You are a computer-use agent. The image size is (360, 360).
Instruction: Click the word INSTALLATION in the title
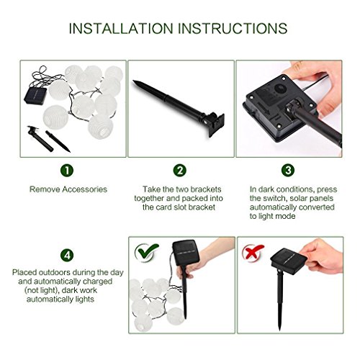[121, 29]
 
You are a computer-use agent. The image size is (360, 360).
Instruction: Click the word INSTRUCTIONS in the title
[233, 29]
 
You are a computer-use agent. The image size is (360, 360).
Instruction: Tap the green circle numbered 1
[67, 171]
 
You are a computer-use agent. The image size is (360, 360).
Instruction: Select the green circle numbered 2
[180, 171]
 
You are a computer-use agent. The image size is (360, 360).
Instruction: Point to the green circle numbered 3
[288, 171]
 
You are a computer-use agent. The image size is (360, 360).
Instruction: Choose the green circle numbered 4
[67, 255]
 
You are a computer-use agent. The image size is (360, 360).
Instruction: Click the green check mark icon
[146, 251]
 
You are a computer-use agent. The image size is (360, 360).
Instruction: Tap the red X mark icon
[253, 252]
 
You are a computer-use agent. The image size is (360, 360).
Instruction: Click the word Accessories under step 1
[85, 189]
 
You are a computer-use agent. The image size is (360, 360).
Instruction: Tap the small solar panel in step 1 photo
[35, 96]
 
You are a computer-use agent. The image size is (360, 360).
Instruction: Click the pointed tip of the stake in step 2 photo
[134, 81]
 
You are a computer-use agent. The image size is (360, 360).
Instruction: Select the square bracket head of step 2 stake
[215, 125]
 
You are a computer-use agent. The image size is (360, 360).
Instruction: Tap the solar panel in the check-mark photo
[186, 252]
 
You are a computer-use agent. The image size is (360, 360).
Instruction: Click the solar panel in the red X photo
[289, 261]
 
